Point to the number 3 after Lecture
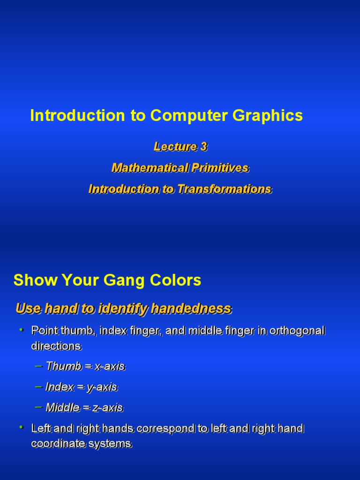[203, 147]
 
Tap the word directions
[56, 346]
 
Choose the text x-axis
[110, 366]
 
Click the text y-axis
[102, 387]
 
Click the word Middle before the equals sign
[63, 407]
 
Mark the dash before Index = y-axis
[39, 387]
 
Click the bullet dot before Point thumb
[21, 330]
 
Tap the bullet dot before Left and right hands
[21, 427]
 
